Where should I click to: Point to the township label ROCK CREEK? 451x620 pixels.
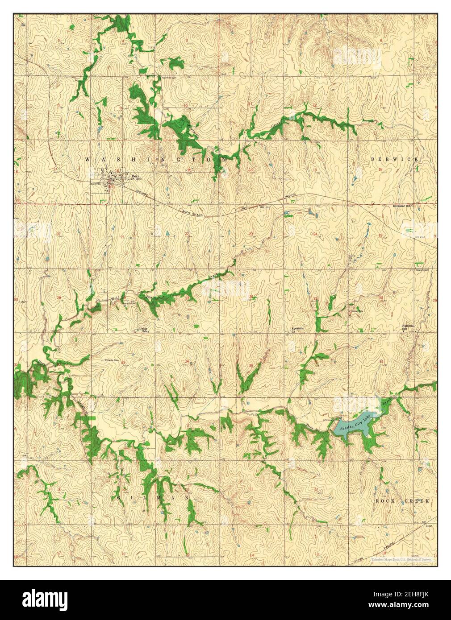click(x=401, y=501)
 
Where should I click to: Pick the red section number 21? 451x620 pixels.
click(x=122, y=237)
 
